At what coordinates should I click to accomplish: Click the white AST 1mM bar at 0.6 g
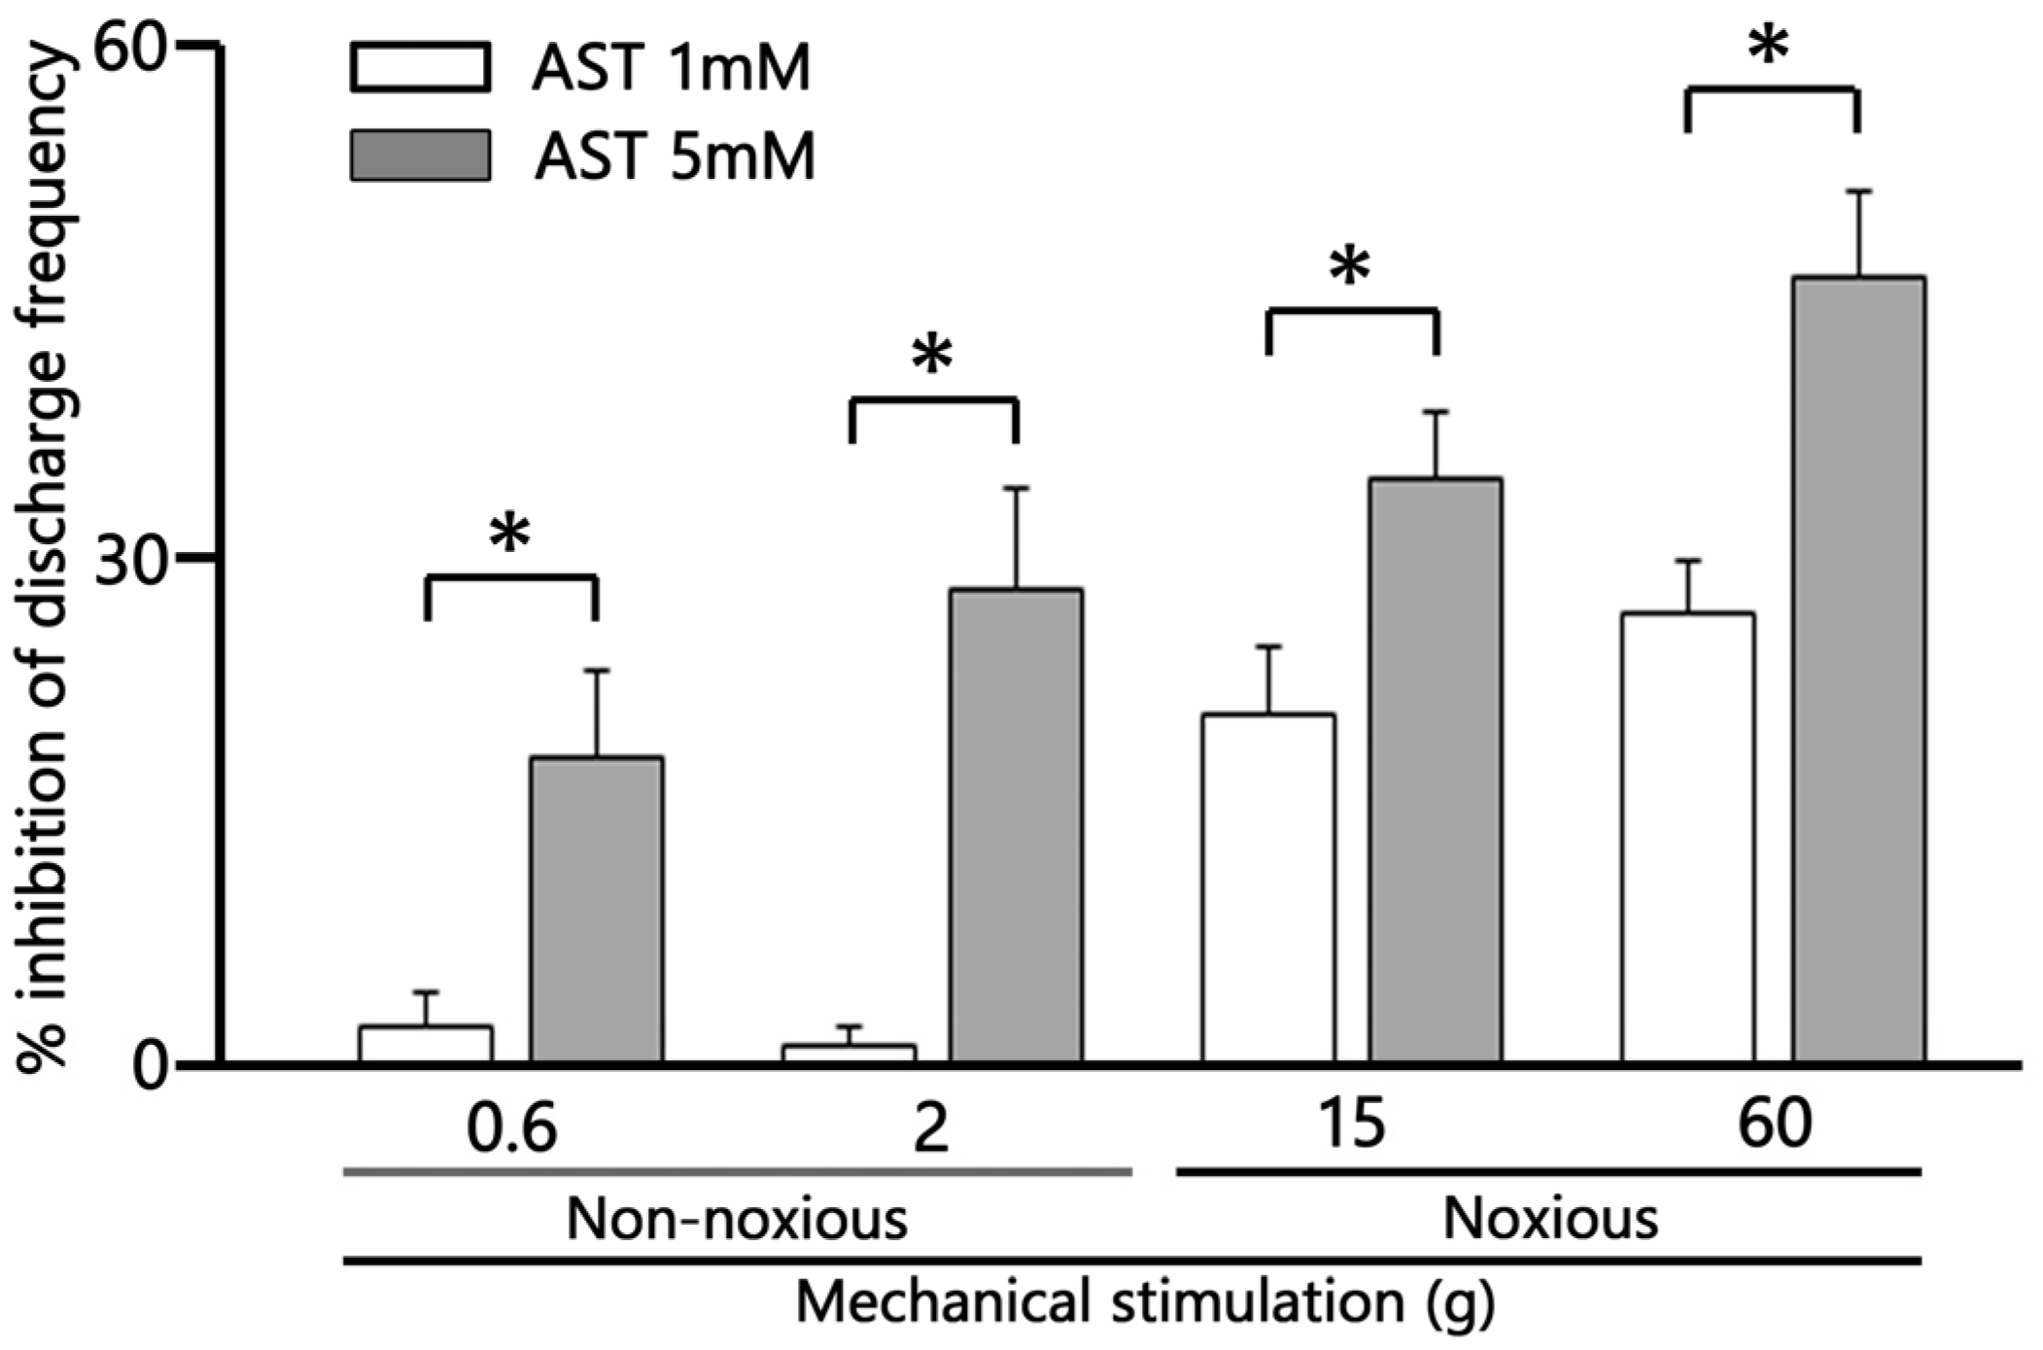pos(426,1044)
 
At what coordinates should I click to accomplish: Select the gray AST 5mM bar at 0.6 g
pos(597,909)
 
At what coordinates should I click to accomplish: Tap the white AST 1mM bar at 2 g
pos(849,1054)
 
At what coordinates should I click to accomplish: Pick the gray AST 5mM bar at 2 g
pos(1017,826)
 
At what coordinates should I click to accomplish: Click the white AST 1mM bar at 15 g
pos(1268,887)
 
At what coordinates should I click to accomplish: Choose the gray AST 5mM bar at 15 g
pos(1436,770)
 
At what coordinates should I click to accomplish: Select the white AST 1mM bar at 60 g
pos(1688,837)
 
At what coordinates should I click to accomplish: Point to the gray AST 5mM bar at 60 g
pos(1858,670)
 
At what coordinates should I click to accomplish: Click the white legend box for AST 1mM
pos(420,67)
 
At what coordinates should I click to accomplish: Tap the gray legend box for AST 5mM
pos(420,156)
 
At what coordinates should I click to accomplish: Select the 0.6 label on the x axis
pos(512,1127)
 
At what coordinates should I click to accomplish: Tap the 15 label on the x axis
pos(1351,1125)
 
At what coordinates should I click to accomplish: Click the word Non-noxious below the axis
pos(737,1219)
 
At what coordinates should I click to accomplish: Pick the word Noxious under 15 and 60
pos(1550,1219)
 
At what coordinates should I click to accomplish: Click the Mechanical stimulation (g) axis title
pos(1144,1302)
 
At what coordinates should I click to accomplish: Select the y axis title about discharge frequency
pos(44,559)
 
